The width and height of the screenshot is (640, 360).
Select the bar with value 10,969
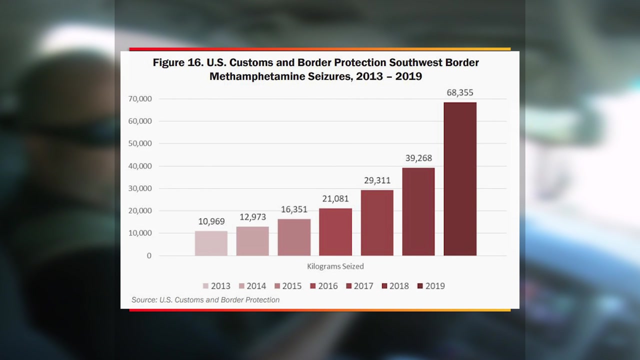pyautogui.click(x=211, y=243)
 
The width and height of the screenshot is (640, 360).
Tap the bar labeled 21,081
pyautogui.click(x=335, y=232)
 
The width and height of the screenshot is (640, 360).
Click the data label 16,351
pyautogui.click(x=294, y=209)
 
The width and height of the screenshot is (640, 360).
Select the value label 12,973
pyautogui.click(x=252, y=217)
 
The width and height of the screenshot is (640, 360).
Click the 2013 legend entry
pyautogui.click(x=216, y=286)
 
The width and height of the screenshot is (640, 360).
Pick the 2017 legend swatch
pyautogui.click(x=348, y=286)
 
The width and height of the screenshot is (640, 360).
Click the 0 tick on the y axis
pyautogui.click(x=148, y=255)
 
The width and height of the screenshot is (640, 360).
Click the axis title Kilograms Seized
pyautogui.click(x=335, y=266)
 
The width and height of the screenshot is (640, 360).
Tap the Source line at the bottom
pyautogui.click(x=205, y=300)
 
